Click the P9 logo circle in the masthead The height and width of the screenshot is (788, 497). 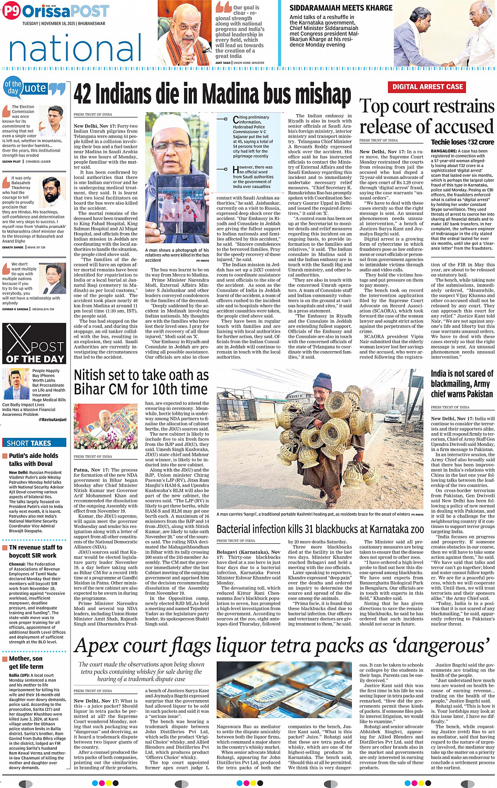click(11, 11)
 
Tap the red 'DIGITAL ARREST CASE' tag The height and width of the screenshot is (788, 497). click(427, 87)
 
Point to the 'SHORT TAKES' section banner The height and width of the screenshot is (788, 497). click(29, 443)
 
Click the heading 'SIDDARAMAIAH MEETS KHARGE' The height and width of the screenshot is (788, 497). click(341, 8)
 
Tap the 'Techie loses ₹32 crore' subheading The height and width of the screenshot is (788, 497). click(462, 142)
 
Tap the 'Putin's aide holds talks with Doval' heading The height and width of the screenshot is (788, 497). click(34, 460)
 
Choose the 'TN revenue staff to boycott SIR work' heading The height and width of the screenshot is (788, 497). click(35, 551)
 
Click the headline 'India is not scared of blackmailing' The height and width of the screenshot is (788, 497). click(461, 384)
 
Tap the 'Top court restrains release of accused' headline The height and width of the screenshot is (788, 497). click(427, 116)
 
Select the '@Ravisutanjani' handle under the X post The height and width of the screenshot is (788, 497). click(54, 420)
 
